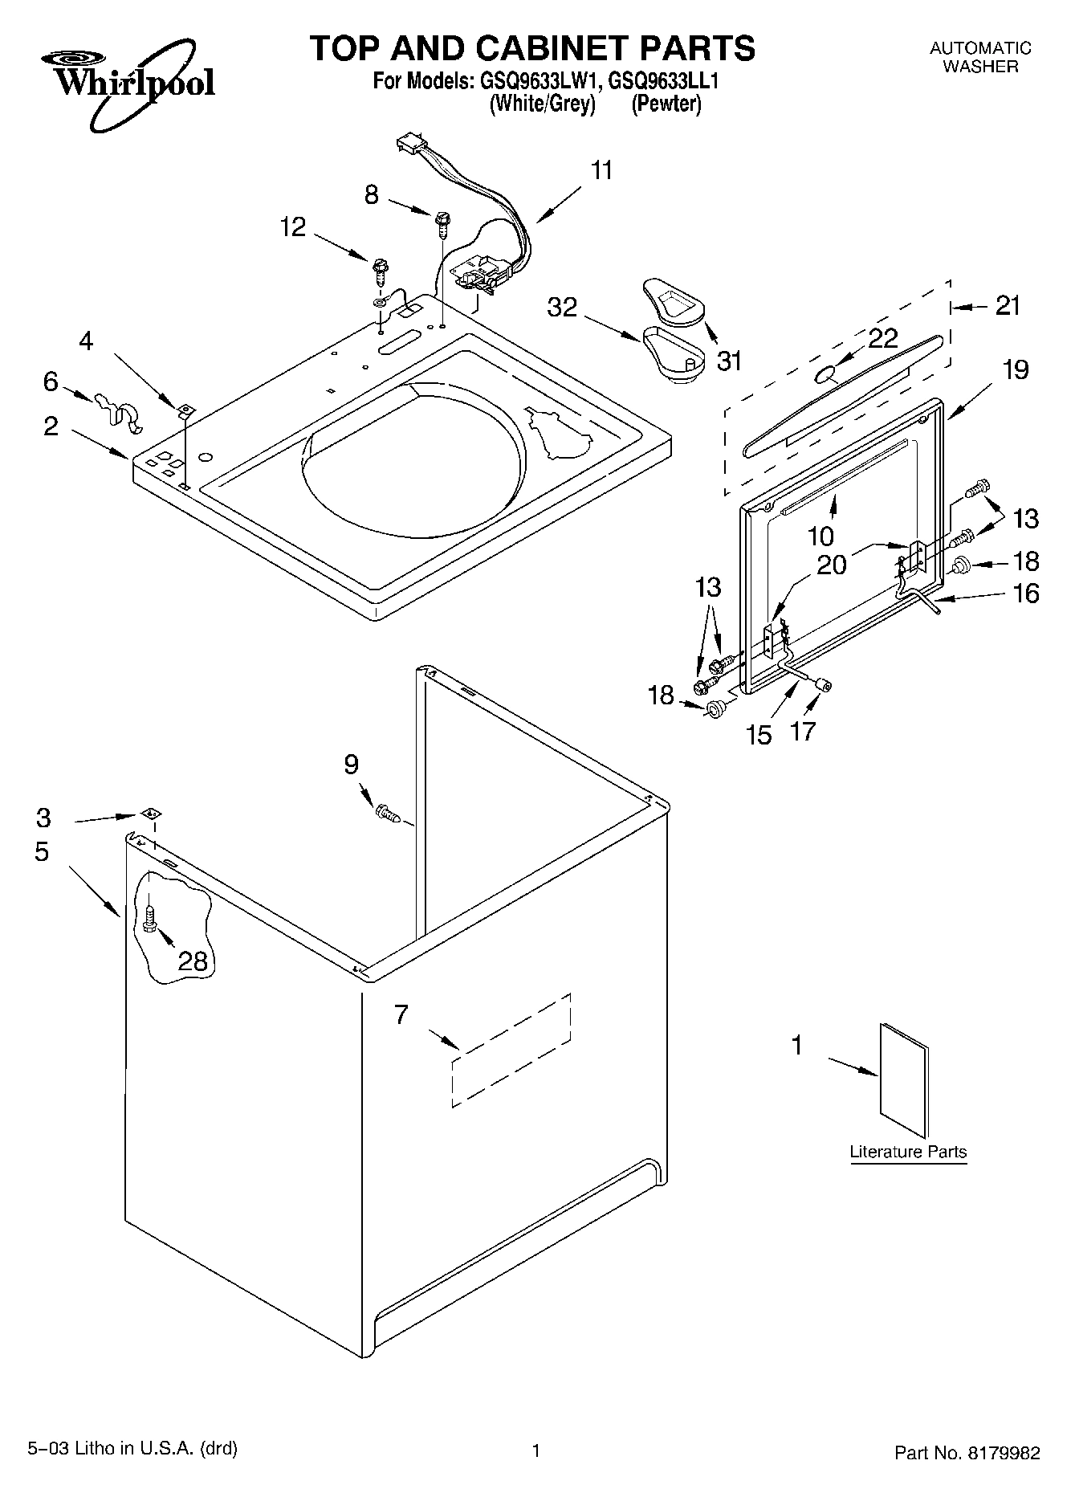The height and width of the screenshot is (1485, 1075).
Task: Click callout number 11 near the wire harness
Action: [x=602, y=171]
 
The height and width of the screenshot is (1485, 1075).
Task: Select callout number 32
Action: [x=562, y=307]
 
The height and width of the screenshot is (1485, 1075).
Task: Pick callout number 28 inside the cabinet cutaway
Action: [x=193, y=961]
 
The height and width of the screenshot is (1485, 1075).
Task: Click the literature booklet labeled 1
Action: [x=904, y=1080]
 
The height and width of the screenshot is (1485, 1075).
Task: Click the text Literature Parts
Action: [x=908, y=1152]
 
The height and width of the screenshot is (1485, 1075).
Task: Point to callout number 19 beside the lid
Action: [x=1015, y=370]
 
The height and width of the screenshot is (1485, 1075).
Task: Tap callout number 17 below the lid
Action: [x=803, y=731]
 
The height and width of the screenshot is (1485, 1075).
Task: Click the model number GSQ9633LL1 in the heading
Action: [x=662, y=81]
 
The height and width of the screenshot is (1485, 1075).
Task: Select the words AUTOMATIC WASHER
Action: [x=980, y=57]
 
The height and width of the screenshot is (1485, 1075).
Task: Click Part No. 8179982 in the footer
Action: [x=967, y=1451]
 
